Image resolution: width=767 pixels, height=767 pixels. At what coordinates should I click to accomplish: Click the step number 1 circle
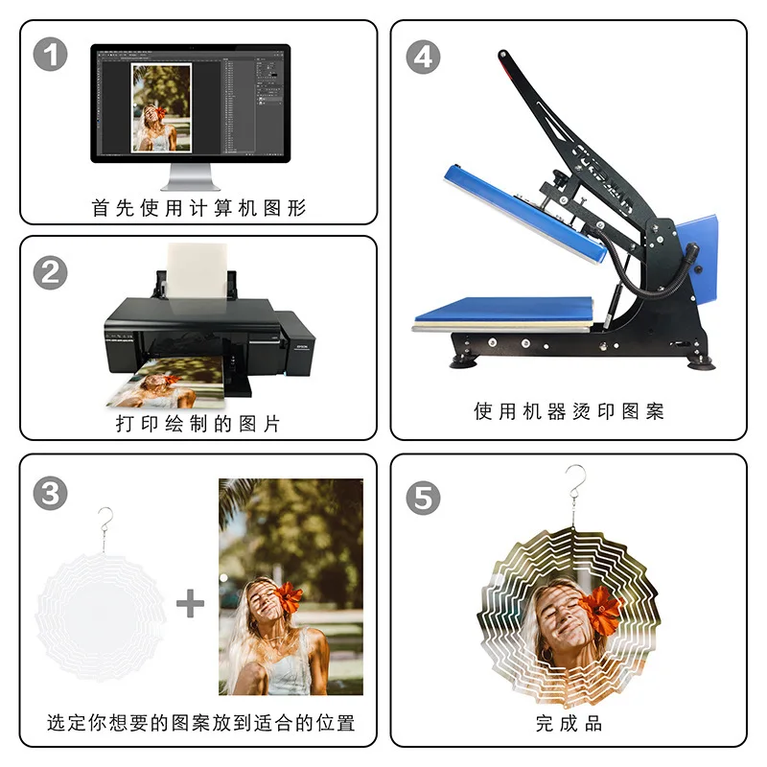51,55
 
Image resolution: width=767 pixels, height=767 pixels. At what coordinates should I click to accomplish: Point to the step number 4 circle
422,57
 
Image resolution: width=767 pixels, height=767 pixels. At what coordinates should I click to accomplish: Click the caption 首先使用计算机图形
198,207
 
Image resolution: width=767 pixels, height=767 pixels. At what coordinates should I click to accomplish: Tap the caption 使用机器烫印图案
569,411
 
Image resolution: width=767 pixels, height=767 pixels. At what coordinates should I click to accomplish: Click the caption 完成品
569,723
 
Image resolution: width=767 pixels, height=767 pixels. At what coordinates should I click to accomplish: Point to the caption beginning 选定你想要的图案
201,723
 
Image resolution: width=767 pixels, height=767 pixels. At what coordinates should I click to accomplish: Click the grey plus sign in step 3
191,604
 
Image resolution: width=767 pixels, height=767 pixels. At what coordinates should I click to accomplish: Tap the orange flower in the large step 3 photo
288,597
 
